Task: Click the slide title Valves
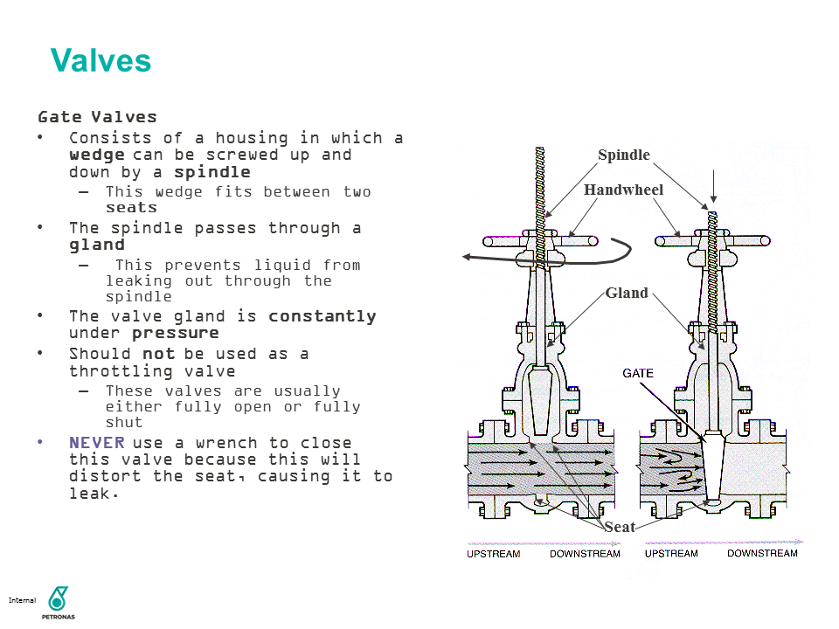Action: (101, 61)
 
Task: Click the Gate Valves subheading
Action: (97, 116)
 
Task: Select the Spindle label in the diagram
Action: (624, 156)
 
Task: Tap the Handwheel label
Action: (624, 190)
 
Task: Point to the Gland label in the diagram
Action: (627, 293)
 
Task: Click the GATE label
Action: (638, 373)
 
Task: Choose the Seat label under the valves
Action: (620, 527)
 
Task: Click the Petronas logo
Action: (59, 600)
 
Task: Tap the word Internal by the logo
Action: (22, 600)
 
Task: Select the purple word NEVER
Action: (97, 443)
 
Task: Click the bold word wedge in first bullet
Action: (97, 155)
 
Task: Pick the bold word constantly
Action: (322, 315)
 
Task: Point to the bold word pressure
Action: (175, 333)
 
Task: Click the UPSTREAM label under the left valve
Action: (493, 554)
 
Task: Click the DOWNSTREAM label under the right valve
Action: (762, 553)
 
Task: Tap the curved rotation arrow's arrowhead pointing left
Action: (468, 257)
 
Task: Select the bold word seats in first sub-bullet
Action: (131, 208)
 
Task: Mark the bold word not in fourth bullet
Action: (158, 354)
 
